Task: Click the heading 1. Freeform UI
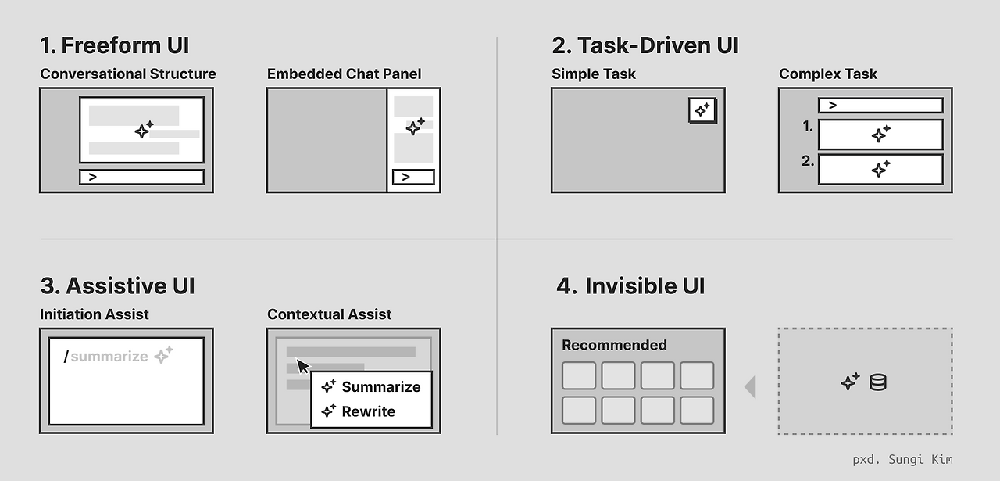(x=115, y=45)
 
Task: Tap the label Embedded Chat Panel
(x=344, y=74)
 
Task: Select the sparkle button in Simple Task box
(x=702, y=110)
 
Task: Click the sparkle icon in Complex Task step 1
(x=880, y=135)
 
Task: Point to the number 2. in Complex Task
(x=808, y=162)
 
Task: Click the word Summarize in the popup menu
(x=380, y=387)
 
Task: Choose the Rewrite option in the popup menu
(x=368, y=411)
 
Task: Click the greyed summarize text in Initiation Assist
(x=109, y=357)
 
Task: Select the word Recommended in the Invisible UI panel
(x=614, y=345)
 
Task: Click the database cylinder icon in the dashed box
(x=878, y=382)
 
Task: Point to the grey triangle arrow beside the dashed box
(x=750, y=386)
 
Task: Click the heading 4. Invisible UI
(x=630, y=286)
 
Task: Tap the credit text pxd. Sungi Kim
(x=902, y=460)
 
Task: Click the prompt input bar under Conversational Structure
(x=141, y=177)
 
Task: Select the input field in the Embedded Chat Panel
(x=413, y=177)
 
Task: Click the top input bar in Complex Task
(x=880, y=105)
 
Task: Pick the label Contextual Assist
(x=329, y=314)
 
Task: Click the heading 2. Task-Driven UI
(x=645, y=45)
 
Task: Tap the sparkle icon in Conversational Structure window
(x=144, y=130)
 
